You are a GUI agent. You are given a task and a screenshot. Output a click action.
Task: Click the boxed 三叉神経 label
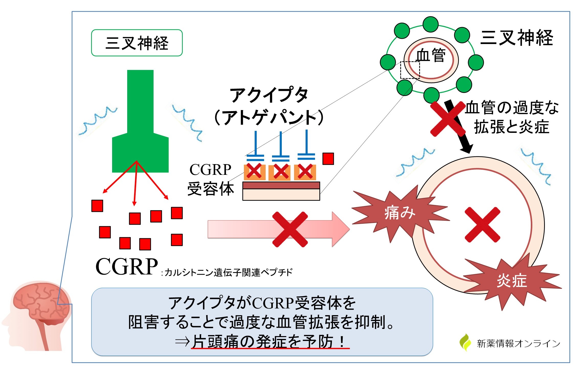[137, 43]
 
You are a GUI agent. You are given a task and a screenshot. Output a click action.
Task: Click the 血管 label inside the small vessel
[430, 55]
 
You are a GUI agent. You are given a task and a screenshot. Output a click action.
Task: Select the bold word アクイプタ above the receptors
[269, 95]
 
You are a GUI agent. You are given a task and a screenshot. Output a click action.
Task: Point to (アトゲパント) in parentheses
[269, 117]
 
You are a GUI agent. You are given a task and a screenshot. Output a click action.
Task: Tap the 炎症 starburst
[512, 281]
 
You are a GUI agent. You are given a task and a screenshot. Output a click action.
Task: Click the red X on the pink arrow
[290, 229]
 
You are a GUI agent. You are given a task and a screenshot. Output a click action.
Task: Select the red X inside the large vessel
[482, 224]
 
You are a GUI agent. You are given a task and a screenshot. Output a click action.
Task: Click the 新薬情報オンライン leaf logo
[465, 342]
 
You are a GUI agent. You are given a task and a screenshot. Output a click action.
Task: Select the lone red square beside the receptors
[328, 159]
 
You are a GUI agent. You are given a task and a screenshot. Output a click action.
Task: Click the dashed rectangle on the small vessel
[410, 70]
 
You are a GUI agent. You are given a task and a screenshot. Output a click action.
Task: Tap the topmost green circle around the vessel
[430, 24]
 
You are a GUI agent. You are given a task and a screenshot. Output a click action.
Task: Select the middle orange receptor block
[279, 172]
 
